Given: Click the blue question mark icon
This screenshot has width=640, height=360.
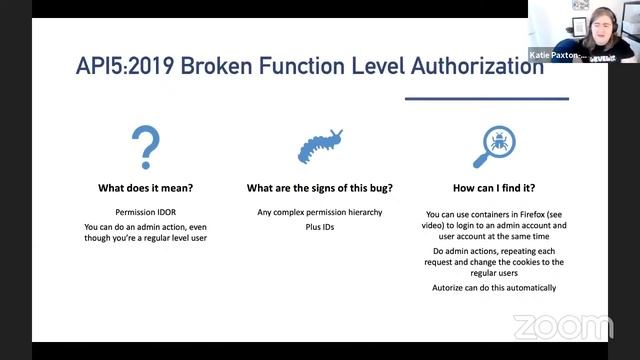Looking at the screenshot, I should pyautogui.click(x=145, y=147).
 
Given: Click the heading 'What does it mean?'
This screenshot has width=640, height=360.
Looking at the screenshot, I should pyautogui.click(x=145, y=187).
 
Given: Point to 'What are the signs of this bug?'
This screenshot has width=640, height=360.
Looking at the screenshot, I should pyautogui.click(x=319, y=187).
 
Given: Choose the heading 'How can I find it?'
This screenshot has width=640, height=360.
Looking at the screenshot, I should pyautogui.click(x=494, y=187).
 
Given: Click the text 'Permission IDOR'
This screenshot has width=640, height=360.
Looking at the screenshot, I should pyautogui.click(x=145, y=213).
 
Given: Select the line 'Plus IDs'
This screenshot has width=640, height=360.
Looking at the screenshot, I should pyautogui.click(x=319, y=227).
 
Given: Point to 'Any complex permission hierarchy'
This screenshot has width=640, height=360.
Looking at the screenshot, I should pyautogui.click(x=319, y=213).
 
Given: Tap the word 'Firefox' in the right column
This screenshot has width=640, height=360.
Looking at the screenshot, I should pyautogui.click(x=539, y=213).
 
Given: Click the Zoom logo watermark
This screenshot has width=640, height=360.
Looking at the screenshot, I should pyautogui.click(x=562, y=326).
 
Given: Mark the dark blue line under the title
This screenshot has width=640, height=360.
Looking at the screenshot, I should pyautogui.click(x=486, y=98).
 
